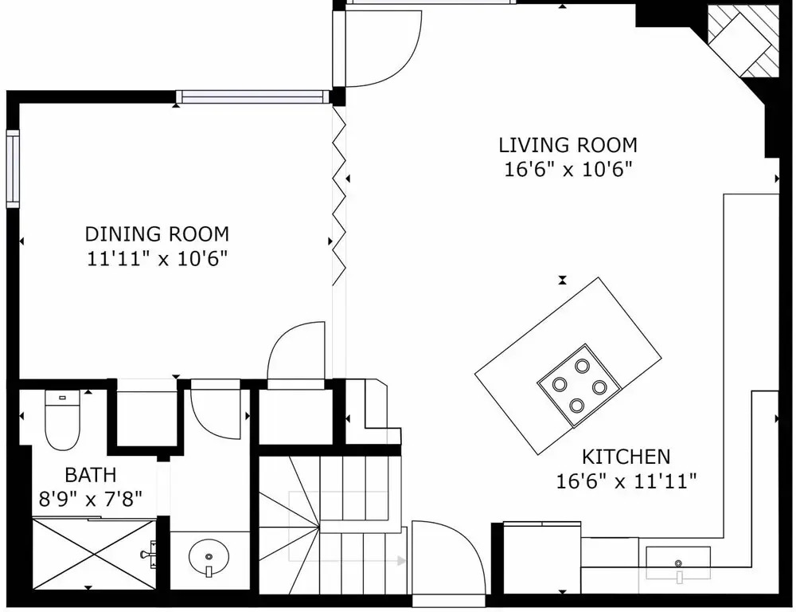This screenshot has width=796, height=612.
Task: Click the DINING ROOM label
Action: pyautogui.click(x=157, y=233)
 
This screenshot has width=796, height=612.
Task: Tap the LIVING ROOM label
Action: pyautogui.click(x=568, y=145)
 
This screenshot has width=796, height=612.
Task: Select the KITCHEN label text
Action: pyautogui.click(x=626, y=457)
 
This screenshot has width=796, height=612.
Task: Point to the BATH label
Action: pyautogui.click(x=91, y=475)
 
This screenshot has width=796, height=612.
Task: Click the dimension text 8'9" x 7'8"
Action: pyautogui.click(x=91, y=499)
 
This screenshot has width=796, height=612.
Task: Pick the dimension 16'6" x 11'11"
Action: pyautogui.click(x=626, y=481)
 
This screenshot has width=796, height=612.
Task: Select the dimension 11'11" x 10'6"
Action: pyautogui.click(x=157, y=259)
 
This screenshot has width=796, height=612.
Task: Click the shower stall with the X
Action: pyautogui.click(x=95, y=554)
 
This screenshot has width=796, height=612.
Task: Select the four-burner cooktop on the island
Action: pyautogui.click(x=579, y=385)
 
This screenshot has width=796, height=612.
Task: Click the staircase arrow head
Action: pyautogui.click(x=401, y=561)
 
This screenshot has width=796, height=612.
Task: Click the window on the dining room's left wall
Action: pyautogui.click(x=13, y=169)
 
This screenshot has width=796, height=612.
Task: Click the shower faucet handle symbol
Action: pyautogui.click(x=148, y=554)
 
